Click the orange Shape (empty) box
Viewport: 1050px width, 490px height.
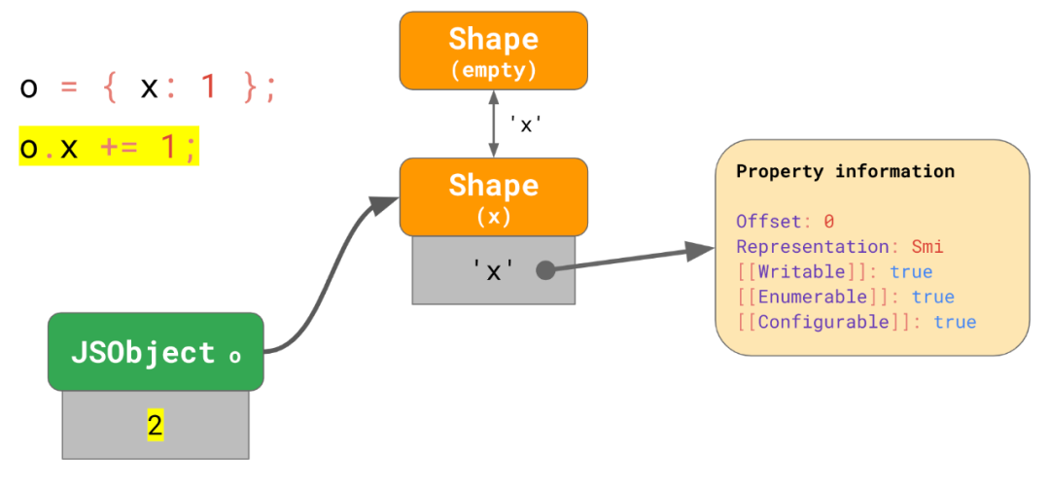pos(493,51)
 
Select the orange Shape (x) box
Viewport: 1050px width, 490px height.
pos(493,196)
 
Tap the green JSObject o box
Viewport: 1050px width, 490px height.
pos(156,352)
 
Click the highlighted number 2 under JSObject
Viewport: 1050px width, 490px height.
pos(156,425)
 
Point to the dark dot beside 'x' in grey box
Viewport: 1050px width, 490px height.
pos(545,270)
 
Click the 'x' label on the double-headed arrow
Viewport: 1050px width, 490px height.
pos(524,125)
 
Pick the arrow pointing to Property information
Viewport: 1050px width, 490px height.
pos(632,259)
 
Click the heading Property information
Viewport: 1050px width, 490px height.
pos(845,172)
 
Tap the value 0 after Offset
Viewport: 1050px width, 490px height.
pos(829,222)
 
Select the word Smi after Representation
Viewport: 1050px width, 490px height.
pos(927,247)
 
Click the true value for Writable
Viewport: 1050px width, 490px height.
pos(911,272)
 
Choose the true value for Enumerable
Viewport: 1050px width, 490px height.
pos(933,297)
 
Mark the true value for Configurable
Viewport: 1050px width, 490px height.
pos(955,323)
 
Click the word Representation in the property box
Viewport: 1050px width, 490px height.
pos(818,247)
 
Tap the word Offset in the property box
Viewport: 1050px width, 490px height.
pos(768,222)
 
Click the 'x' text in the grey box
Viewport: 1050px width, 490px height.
pos(493,271)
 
